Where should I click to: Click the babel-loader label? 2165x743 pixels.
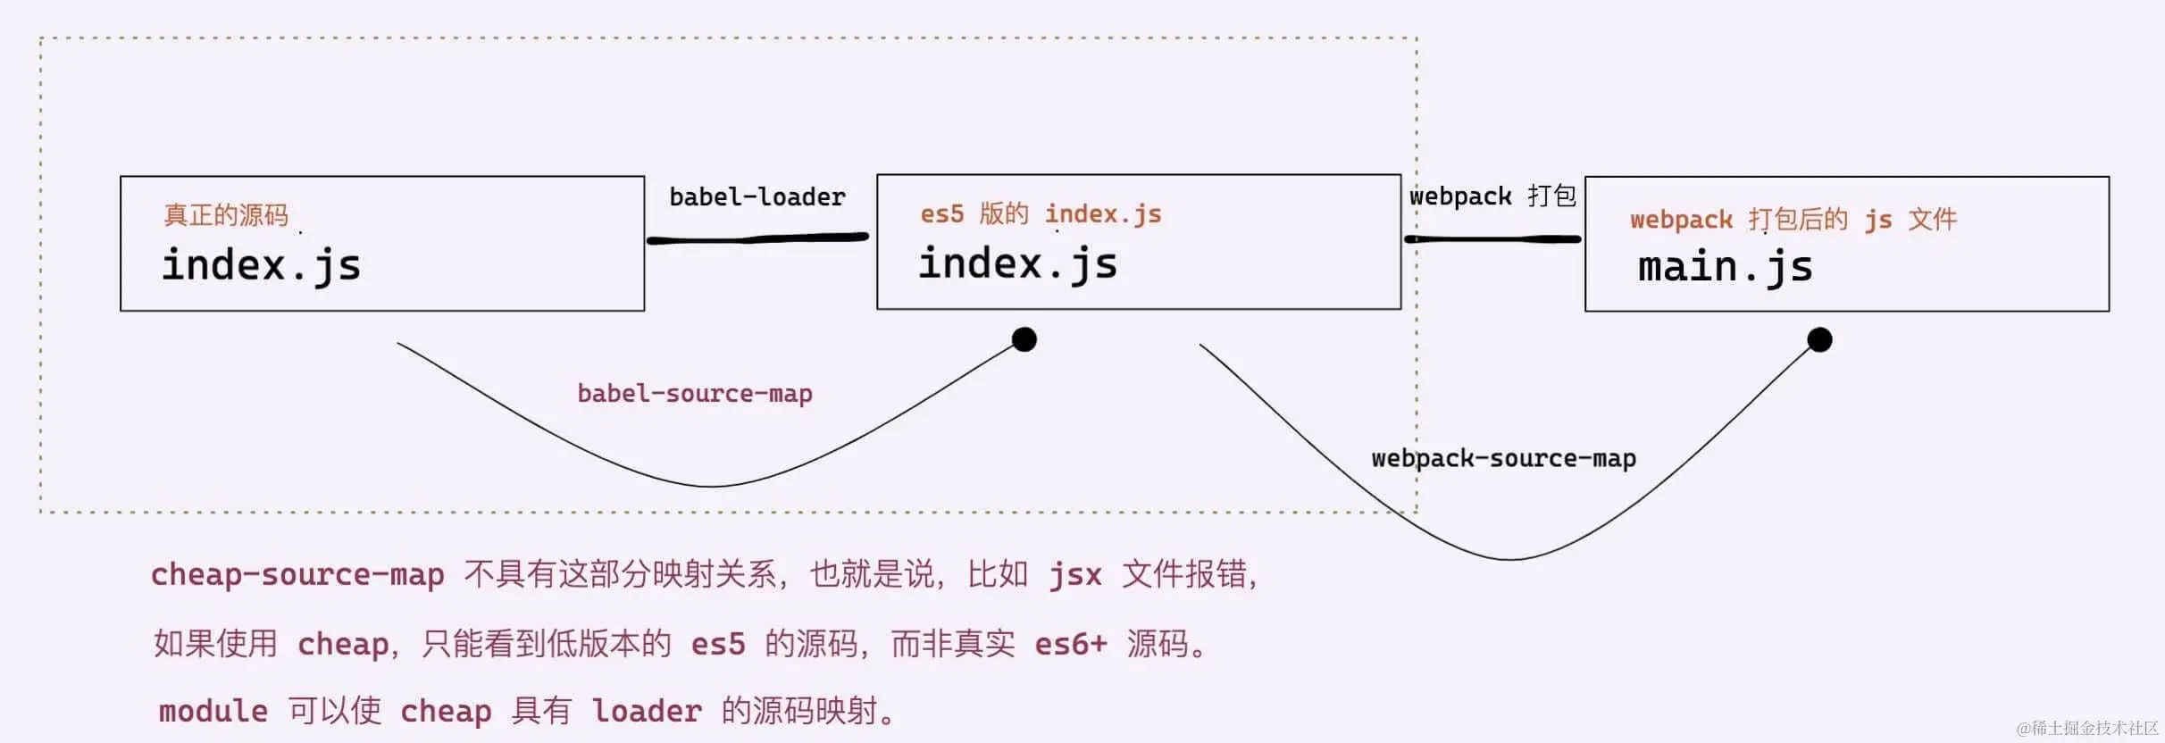pos(756,196)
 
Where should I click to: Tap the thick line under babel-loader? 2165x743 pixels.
pos(757,238)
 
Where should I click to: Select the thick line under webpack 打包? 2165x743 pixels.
pos(1492,238)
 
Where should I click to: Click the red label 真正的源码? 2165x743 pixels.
pos(226,215)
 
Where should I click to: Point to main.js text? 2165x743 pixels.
pos(1725,267)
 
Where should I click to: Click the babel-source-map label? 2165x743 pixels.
pos(695,394)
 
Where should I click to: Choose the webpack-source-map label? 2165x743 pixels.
pos(1503,459)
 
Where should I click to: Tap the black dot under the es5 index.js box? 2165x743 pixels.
pos(1024,339)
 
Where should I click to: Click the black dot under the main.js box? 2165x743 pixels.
pos(1819,339)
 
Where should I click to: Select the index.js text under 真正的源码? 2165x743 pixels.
pos(261,265)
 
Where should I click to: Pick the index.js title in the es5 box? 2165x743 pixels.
pos(1017,263)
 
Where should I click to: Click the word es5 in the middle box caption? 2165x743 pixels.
pos(942,214)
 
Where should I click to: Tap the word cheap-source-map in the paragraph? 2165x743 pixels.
pos(297,574)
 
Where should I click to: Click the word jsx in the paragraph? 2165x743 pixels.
pos(1075,574)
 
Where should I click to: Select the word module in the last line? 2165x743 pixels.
pos(213,711)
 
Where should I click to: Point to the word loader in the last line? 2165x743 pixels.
pos(647,711)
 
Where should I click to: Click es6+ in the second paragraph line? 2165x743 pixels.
pos(1070,643)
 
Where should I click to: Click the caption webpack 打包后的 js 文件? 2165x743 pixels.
pos(1793,220)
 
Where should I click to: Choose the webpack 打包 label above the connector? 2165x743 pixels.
pos(1492,196)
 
